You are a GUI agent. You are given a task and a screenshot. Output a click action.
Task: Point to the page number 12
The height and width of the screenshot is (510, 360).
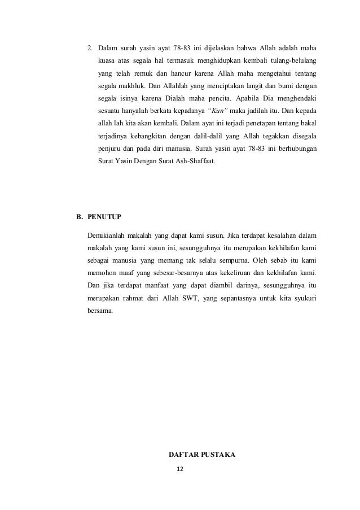180,469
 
